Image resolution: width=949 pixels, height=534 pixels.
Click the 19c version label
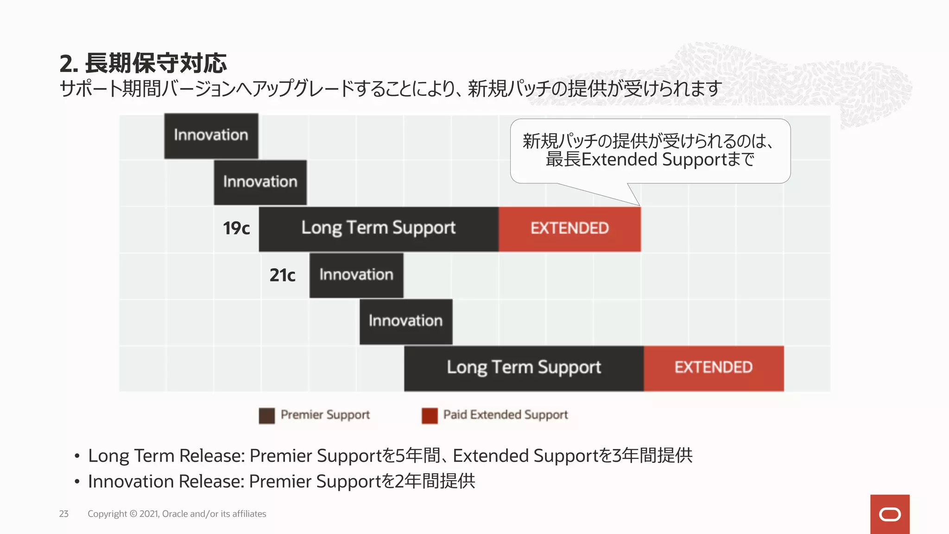point(236,229)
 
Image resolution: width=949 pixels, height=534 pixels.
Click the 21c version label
point(282,275)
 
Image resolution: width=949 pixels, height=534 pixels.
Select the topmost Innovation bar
point(211,135)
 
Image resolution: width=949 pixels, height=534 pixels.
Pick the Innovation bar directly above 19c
point(260,182)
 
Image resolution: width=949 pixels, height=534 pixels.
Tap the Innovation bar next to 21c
point(356,275)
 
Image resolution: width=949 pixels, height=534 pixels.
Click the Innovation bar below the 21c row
point(406,321)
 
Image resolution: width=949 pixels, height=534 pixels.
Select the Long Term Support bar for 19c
point(379,229)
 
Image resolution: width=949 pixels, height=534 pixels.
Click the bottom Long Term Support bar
point(524,368)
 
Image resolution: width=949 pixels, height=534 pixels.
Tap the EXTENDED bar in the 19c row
point(569,229)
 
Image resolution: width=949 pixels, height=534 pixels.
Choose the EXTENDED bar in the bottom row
point(714,368)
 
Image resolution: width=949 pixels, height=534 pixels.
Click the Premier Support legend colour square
point(267,415)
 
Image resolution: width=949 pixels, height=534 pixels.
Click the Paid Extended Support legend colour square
point(430,415)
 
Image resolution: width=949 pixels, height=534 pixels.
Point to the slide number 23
point(64,514)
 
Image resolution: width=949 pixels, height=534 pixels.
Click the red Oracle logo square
point(890,514)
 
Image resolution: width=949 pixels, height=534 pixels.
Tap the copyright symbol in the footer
point(133,514)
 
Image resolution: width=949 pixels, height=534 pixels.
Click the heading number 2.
point(68,64)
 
